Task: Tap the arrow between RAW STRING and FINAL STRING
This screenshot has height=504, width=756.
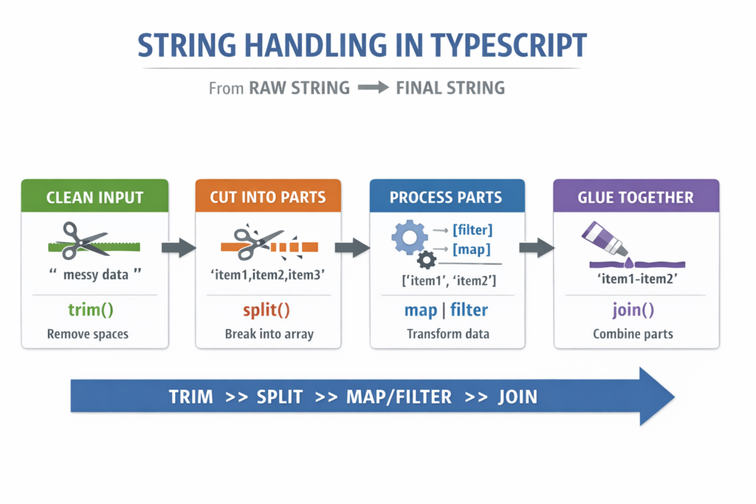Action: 372,88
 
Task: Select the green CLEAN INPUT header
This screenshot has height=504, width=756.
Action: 94,197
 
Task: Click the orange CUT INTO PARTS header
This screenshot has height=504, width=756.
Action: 268,197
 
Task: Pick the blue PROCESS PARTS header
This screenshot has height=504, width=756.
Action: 446,197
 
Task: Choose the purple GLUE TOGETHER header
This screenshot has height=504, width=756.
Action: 636,197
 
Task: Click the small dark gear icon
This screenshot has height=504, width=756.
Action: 426,260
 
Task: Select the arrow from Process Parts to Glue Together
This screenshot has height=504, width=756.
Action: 537,247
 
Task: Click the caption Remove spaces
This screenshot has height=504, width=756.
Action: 88,334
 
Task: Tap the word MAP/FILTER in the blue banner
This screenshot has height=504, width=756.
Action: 399,397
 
